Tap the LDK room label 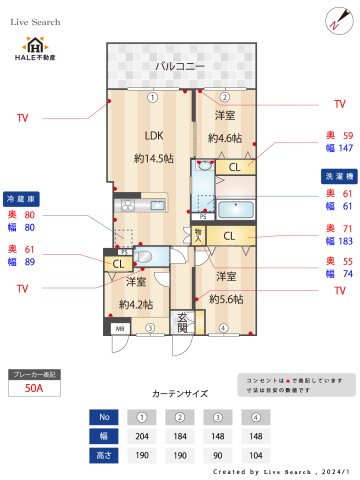pyautogui.click(x=153, y=135)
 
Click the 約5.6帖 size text pyautogui.click(x=225, y=298)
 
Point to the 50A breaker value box pyautogui.click(x=33, y=390)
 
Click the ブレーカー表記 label pyautogui.click(x=33, y=373)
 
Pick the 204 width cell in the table pyautogui.click(x=142, y=436)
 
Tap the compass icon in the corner pyautogui.click(x=334, y=20)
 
